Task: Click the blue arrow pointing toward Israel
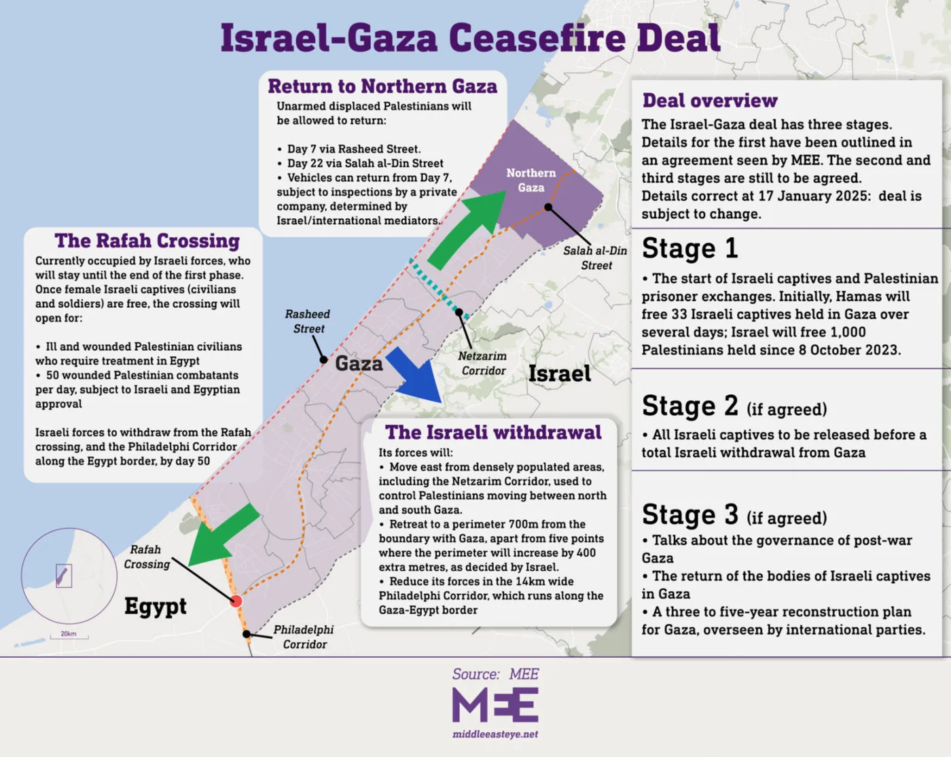(x=416, y=376)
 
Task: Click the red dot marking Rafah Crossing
(x=236, y=601)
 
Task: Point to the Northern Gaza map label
(x=531, y=180)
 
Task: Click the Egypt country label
(x=156, y=605)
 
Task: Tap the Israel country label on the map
(x=560, y=374)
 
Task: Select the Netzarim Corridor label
(x=482, y=364)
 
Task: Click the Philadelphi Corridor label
(x=304, y=637)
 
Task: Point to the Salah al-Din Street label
(x=595, y=258)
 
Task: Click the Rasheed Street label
(x=308, y=321)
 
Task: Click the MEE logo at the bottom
(x=495, y=705)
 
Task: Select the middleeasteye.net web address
(x=495, y=734)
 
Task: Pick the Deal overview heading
(x=710, y=101)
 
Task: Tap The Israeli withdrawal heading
(x=493, y=432)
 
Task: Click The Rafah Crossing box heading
(x=147, y=241)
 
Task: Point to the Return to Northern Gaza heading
(x=382, y=86)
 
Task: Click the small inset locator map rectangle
(x=63, y=576)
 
